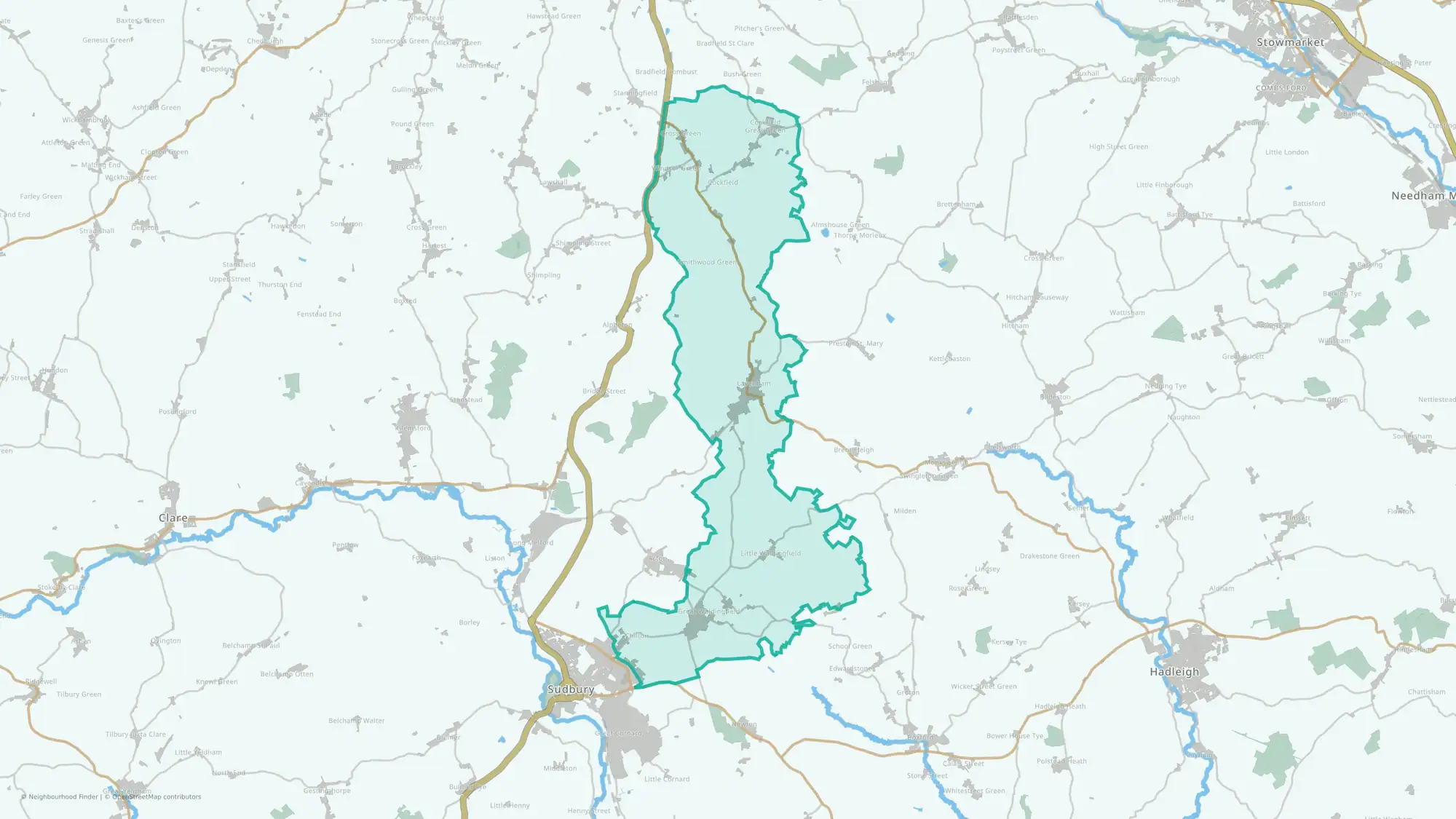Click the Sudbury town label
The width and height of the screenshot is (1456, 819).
(571, 689)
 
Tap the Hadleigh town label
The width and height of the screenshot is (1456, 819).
(1174, 672)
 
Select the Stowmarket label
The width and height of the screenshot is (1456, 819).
(1291, 42)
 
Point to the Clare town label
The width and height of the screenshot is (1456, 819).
(173, 518)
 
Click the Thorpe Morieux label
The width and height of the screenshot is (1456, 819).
(860, 235)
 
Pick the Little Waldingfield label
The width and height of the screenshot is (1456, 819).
(770, 553)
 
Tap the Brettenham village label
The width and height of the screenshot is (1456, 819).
(956, 205)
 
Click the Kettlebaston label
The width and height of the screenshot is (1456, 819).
(949, 359)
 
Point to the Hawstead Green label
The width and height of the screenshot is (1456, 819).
(553, 16)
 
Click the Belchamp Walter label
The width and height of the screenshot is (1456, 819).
(356, 721)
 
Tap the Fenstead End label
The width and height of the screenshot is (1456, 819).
(318, 314)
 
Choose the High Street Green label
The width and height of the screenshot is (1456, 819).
(1118, 147)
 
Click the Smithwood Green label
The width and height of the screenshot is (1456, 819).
(707, 262)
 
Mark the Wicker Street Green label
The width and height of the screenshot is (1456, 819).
(984, 687)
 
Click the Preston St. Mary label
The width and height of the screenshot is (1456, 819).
(855, 344)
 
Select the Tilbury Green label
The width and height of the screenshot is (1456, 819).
(79, 695)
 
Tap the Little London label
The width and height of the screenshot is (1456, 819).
(1286, 152)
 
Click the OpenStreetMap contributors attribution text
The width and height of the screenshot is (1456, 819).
(157, 796)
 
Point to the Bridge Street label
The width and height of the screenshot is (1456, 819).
(604, 391)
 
